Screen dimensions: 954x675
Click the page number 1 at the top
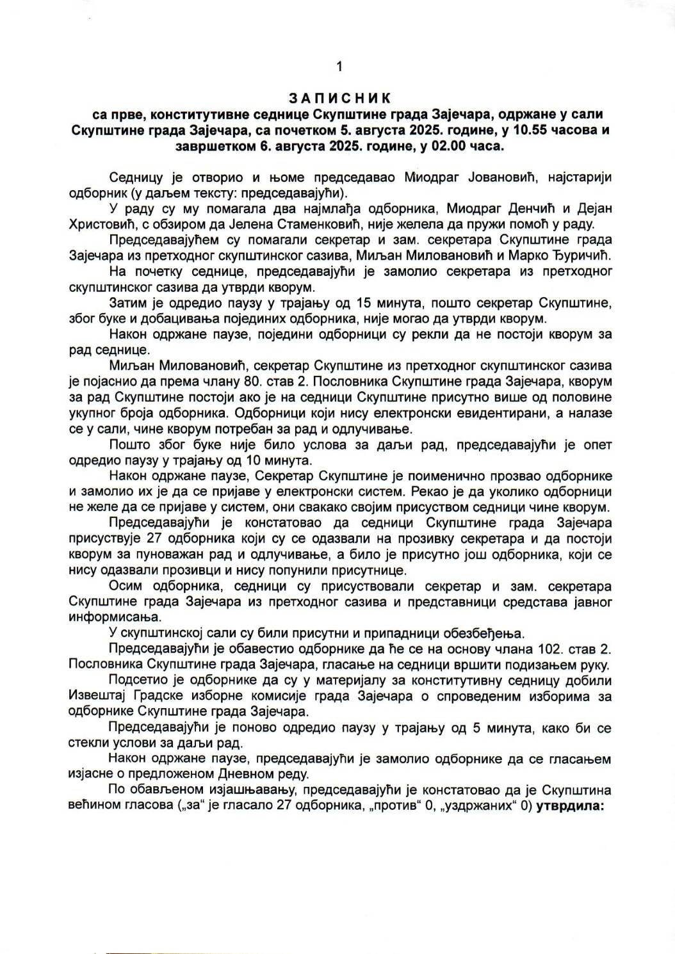pos(339,66)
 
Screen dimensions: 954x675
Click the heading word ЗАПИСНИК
pos(339,98)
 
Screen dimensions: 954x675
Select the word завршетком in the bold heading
pos(215,147)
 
